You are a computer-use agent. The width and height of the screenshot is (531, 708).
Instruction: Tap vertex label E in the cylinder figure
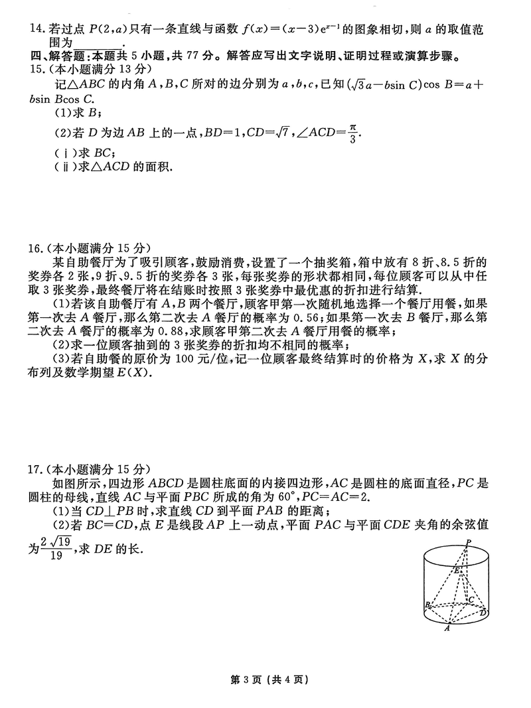click(x=456, y=569)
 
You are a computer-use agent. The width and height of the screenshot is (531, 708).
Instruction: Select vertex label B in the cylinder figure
click(x=427, y=604)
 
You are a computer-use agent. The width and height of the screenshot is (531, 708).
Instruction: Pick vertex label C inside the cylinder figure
click(x=471, y=599)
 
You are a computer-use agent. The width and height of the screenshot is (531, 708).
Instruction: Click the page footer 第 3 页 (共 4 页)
click(x=265, y=679)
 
